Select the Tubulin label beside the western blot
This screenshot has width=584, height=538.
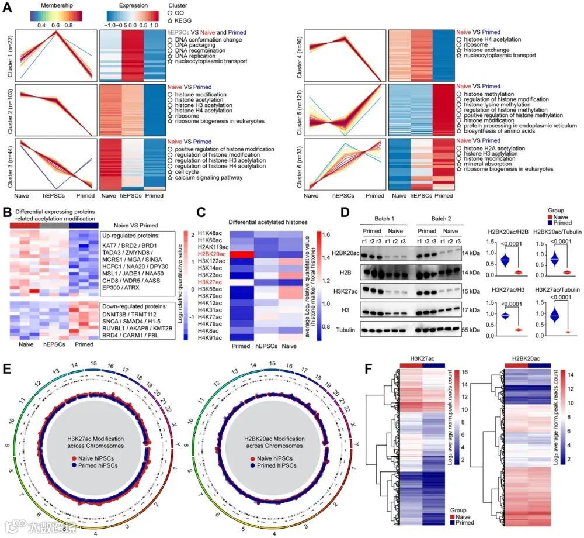346,330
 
